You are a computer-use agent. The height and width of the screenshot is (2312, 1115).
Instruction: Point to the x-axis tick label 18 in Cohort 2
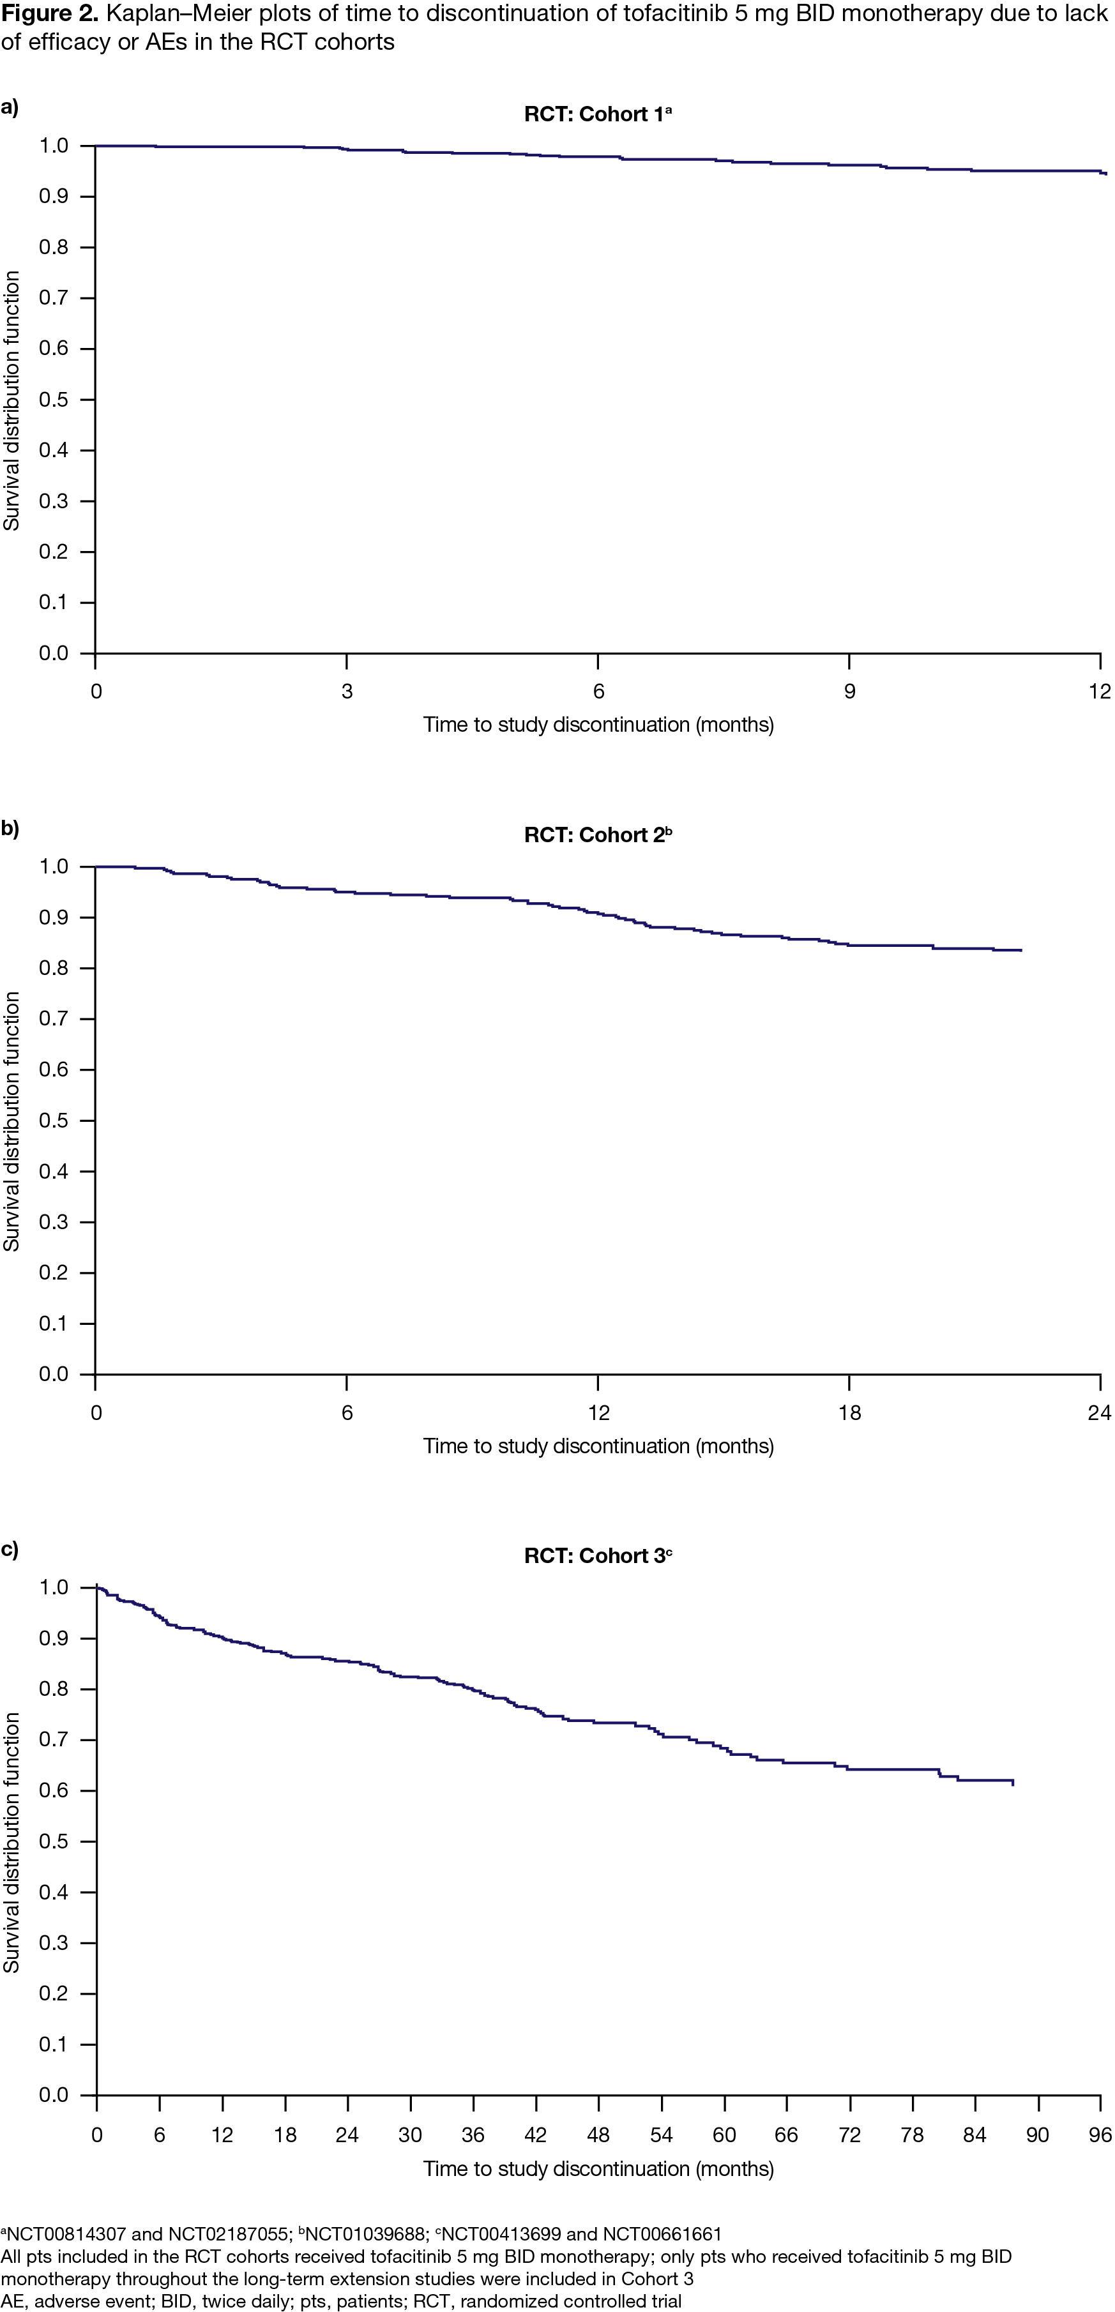point(849,1413)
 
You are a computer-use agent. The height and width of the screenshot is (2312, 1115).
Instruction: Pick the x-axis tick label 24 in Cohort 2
point(1099,1413)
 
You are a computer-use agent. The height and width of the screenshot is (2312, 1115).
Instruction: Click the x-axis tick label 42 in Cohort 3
point(536,2135)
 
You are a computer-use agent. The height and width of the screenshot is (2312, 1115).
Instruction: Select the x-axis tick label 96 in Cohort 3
point(1100,2135)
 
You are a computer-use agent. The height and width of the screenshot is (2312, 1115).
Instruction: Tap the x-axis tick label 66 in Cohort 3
point(786,2135)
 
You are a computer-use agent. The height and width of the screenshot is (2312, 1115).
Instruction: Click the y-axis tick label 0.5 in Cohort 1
point(54,400)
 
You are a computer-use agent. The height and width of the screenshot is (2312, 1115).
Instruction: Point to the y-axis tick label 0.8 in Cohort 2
point(54,969)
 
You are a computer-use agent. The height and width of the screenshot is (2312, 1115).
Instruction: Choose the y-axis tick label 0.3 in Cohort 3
point(54,1943)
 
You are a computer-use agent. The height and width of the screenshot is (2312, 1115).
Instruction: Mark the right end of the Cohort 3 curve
point(1013,1784)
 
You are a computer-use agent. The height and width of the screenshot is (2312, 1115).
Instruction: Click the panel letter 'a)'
point(10,108)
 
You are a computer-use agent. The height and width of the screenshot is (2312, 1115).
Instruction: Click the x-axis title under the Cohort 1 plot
point(598,725)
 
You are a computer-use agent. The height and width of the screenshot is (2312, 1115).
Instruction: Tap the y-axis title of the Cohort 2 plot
point(11,1121)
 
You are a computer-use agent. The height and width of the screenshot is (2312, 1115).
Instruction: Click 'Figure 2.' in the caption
point(50,14)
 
